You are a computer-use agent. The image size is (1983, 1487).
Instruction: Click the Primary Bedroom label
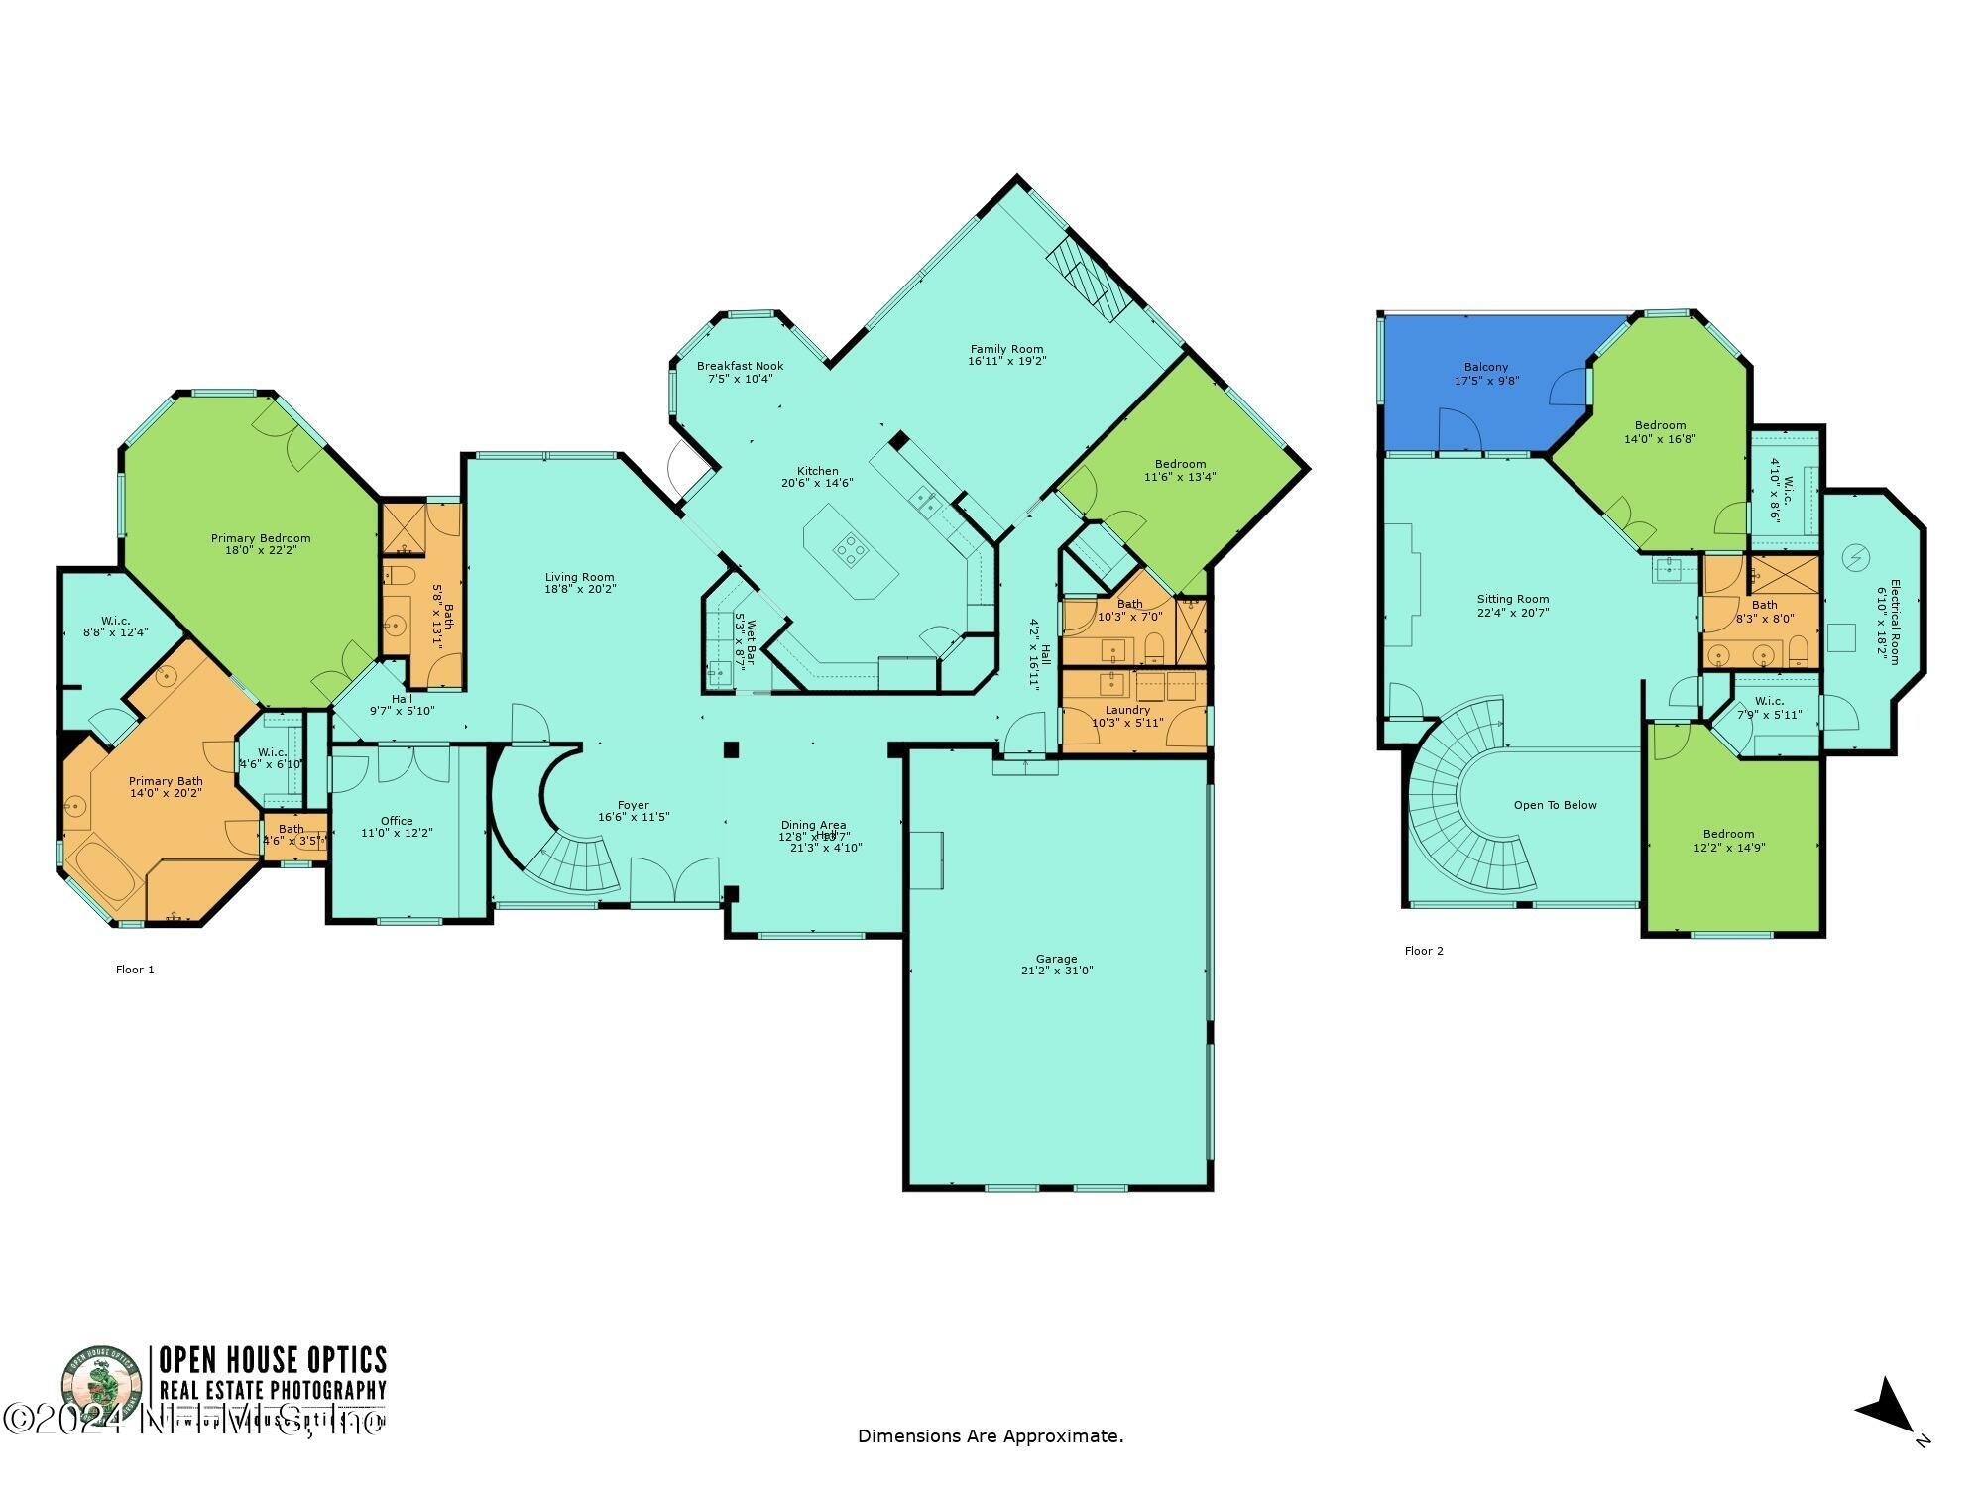[x=260, y=538]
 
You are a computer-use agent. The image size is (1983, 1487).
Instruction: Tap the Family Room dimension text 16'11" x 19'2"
[x=1006, y=362]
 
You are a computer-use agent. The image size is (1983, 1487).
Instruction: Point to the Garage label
[x=1056, y=959]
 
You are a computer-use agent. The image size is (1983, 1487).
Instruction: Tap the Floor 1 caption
[x=135, y=970]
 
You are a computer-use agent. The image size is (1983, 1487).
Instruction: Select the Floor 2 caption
[x=1424, y=951]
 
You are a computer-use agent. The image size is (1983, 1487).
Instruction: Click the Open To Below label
[x=1555, y=805]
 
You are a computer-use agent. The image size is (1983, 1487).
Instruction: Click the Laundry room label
[x=1127, y=710]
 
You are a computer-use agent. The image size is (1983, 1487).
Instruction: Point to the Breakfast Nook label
[x=740, y=366]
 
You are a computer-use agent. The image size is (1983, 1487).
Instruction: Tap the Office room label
[x=397, y=821]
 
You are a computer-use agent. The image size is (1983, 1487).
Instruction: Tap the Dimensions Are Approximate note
[x=991, y=1436]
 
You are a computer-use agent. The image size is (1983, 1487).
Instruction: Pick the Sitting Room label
[x=1512, y=599]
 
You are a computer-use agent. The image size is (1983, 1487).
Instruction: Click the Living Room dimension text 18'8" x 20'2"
[x=580, y=589]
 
